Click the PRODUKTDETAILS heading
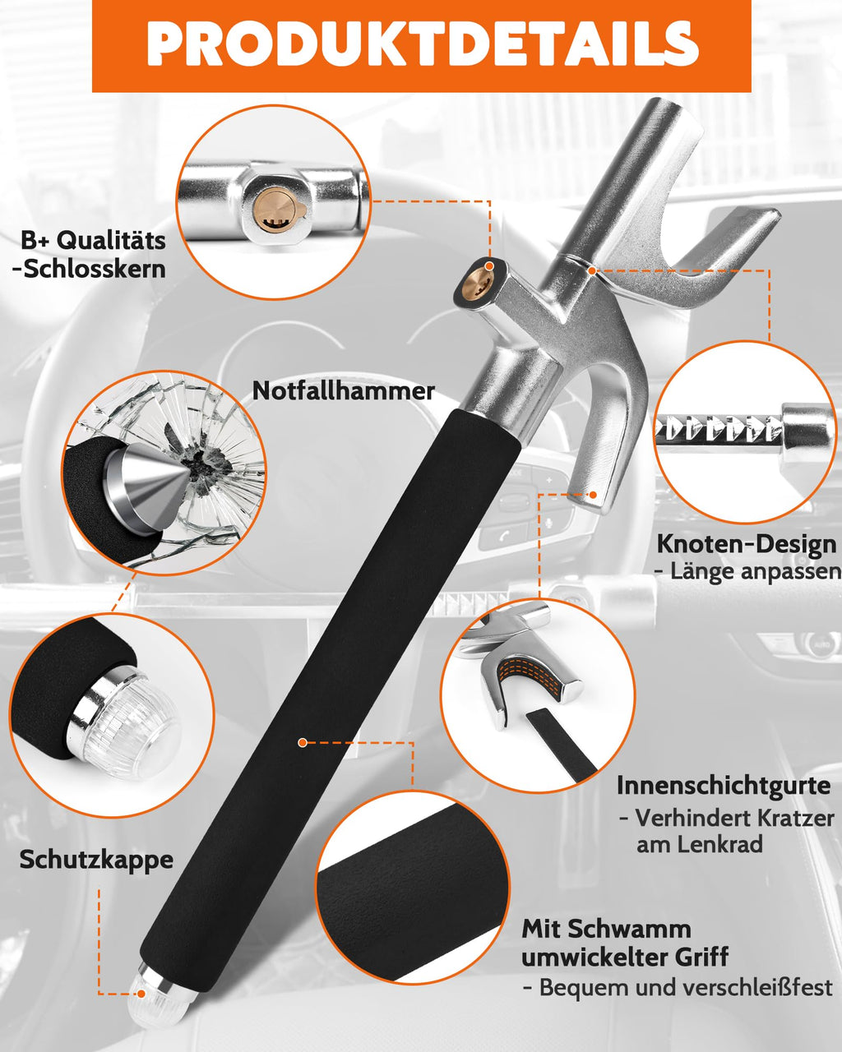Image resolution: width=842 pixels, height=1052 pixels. coord(422,44)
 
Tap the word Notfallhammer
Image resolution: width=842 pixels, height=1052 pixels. coord(343,390)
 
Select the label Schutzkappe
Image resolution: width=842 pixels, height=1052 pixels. coord(96,860)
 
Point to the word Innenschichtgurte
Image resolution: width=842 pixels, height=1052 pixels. coord(724,785)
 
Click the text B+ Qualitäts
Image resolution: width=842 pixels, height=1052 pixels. coord(93,240)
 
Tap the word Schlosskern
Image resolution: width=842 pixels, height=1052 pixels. coord(93,269)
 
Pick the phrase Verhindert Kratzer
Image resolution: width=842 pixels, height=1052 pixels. coord(726,818)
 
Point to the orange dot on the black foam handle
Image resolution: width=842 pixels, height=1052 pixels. coord(303,742)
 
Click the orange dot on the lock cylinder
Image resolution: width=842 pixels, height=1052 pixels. coord(490,266)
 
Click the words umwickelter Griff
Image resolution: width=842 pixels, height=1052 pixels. coord(625,957)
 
